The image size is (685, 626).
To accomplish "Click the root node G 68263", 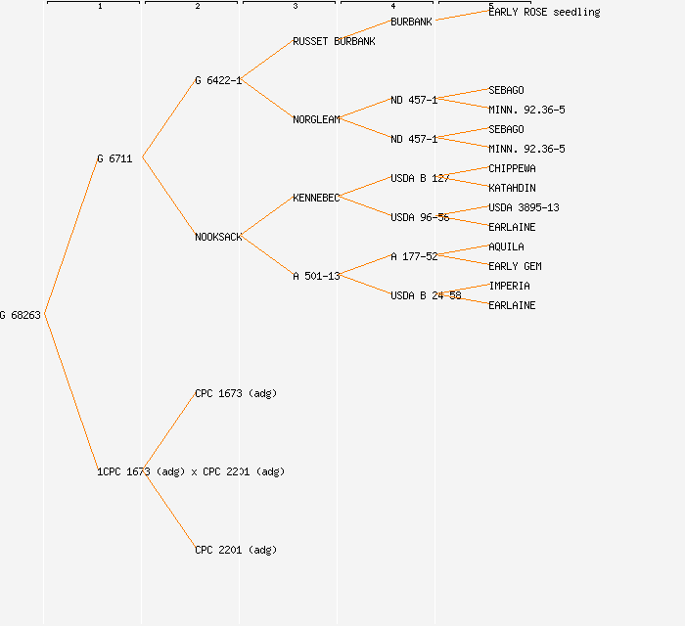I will (21, 315).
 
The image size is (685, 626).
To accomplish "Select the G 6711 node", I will (114, 158).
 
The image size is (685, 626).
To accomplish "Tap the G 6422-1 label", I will (217, 80).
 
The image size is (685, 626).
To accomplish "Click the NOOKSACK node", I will (218, 237).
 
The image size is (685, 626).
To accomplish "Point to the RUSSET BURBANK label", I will (334, 41).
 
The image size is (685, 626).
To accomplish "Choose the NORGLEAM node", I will (316, 119).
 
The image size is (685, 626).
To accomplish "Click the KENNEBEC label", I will (316, 198).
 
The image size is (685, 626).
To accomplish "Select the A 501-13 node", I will (316, 276).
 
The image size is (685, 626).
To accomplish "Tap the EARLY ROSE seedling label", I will (544, 12).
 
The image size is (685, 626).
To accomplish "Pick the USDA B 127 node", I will (420, 178).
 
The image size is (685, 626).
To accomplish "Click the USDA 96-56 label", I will (420, 217).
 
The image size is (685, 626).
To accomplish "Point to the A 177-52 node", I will (414, 256).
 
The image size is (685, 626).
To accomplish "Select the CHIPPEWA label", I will (512, 168).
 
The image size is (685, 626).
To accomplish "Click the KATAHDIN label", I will (512, 188).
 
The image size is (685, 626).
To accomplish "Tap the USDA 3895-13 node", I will (524, 207).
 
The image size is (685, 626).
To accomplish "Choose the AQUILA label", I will (506, 246).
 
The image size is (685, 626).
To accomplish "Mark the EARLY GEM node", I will (515, 266).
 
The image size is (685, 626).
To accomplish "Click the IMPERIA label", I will (509, 286).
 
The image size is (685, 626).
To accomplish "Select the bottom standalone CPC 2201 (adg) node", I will (236, 550).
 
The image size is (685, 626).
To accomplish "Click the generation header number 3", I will (295, 7).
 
